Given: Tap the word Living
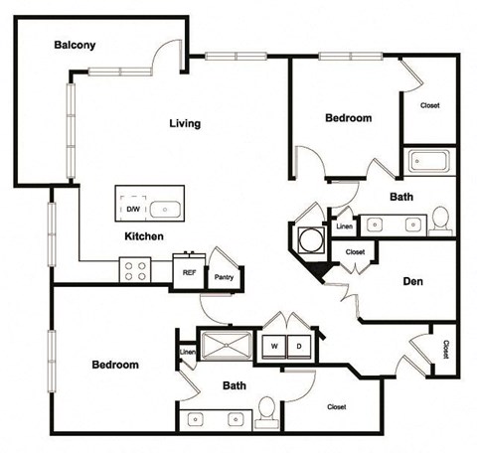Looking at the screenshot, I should pos(185,124).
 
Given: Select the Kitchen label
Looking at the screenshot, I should pos(143,237).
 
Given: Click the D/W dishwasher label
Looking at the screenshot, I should pos(131,210).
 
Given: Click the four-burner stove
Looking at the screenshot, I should pos(134,269).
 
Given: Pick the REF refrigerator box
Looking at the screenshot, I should pos(186,270).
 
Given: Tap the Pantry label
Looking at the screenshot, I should pos(224,277).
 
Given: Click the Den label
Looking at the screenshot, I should pos(413,281).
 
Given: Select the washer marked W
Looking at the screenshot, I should pos(270,346).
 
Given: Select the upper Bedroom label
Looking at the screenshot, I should pos(349,118).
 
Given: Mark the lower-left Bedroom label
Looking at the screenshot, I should pos(115,365).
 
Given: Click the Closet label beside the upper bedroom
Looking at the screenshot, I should pos(430,105).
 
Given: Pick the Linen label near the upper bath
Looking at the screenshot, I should pos(344,227).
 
